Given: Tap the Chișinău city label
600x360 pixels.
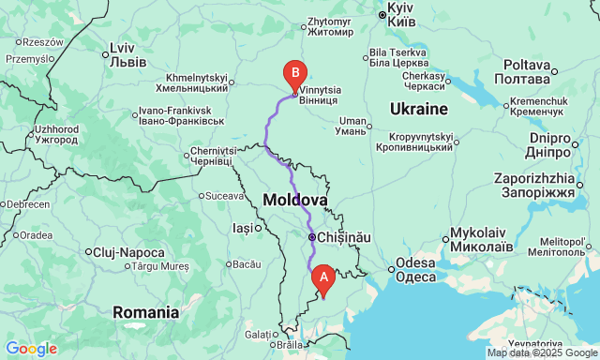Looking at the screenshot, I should pyautogui.click(x=344, y=238).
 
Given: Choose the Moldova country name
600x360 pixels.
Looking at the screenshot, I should pyautogui.click(x=295, y=200).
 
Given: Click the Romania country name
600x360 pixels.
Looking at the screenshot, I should pyautogui.click(x=145, y=312).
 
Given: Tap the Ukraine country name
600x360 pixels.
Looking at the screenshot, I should pyautogui.click(x=418, y=109).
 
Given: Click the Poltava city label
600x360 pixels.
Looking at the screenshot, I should pyautogui.click(x=526, y=71).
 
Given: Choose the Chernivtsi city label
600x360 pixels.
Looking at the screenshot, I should pyautogui.click(x=212, y=156).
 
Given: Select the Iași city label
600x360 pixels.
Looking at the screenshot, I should pyautogui.click(x=242, y=228).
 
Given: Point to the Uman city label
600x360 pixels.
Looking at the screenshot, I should pyautogui.click(x=352, y=126).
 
